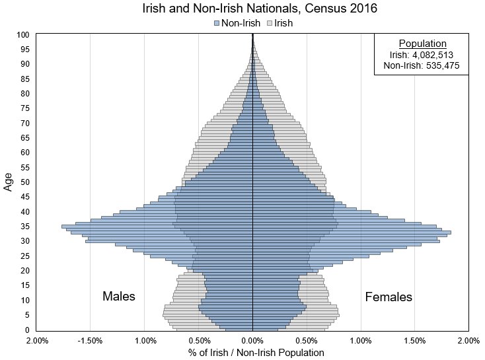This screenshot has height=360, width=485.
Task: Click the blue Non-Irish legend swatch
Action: click(x=216, y=23)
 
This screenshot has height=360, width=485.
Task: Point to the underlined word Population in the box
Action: click(x=422, y=44)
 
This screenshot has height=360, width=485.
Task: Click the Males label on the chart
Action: click(x=119, y=297)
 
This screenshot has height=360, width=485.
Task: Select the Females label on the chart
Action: click(x=389, y=297)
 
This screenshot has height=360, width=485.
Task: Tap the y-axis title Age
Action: click(x=9, y=181)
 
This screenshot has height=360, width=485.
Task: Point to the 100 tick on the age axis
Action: click(x=23, y=34)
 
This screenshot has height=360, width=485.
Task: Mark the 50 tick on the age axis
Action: click(x=25, y=182)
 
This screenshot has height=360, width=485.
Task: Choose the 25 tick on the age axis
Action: click(x=25, y=256)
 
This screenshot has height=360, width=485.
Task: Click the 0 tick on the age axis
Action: click(x=27, y=330)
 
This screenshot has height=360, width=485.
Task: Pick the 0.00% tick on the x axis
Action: click(x=253, y=340)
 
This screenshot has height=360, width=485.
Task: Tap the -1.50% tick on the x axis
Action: click(x=90, y=340)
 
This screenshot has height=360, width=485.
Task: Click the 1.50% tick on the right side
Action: click(x=415, y=340)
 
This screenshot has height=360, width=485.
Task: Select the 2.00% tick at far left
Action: click(x=37, y=340)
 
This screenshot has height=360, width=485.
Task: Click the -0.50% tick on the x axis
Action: click(x=198, y=340)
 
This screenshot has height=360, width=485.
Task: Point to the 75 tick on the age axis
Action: click(x=25, y=108)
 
